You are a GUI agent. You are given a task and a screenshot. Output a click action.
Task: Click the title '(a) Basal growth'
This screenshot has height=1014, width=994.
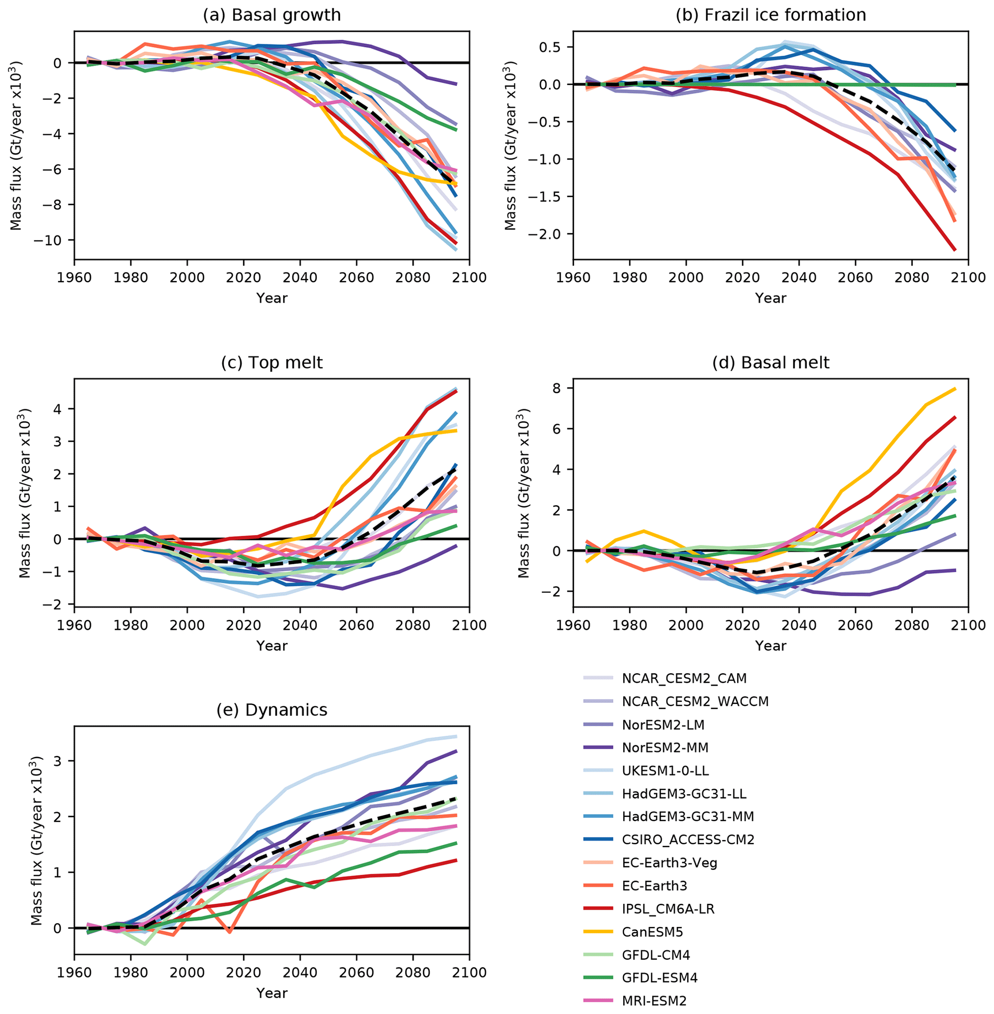272,14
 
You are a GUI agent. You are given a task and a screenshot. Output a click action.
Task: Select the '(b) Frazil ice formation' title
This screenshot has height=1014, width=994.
770,14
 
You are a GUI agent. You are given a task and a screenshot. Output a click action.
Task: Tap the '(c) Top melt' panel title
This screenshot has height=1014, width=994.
272,362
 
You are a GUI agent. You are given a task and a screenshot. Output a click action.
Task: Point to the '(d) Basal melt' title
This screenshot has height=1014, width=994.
770,362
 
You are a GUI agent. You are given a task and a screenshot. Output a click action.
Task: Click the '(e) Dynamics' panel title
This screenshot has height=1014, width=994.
272,710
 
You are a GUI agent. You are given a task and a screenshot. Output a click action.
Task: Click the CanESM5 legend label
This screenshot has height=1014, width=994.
652,932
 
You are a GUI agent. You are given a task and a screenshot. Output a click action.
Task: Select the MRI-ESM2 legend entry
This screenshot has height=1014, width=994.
654,1001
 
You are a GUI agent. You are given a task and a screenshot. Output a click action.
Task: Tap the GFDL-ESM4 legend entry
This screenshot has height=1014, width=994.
659,978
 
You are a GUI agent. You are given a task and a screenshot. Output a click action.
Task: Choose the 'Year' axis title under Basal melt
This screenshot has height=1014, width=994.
770,646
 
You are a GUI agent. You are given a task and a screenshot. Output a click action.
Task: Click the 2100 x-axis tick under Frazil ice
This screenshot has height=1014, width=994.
968,277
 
